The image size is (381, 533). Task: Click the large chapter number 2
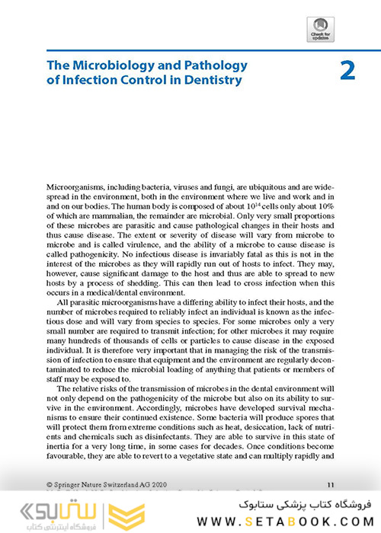pos(347,71)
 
